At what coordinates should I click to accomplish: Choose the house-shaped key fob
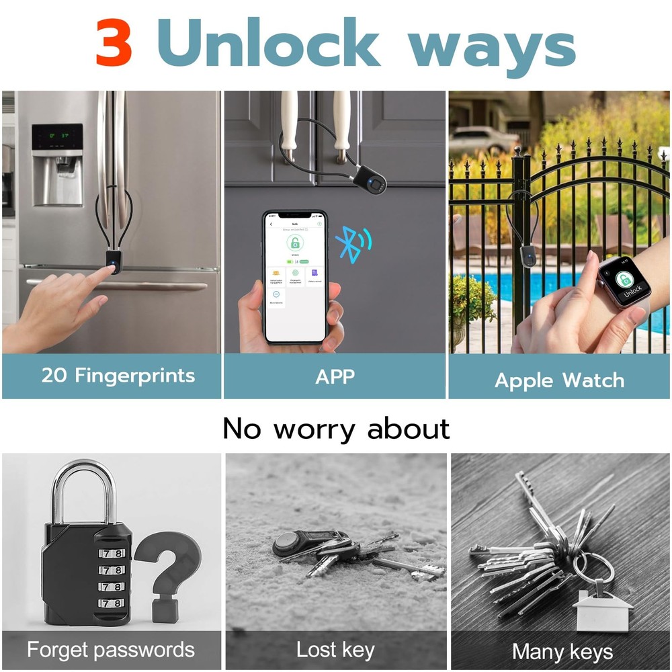[602, 609]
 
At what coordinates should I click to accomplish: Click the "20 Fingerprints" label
[118, 376]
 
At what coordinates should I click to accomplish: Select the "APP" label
[335, 376]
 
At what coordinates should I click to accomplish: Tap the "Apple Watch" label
[559, 380]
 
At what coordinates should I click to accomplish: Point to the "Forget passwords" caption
[111, 650]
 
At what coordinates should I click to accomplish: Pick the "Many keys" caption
[562, 651]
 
